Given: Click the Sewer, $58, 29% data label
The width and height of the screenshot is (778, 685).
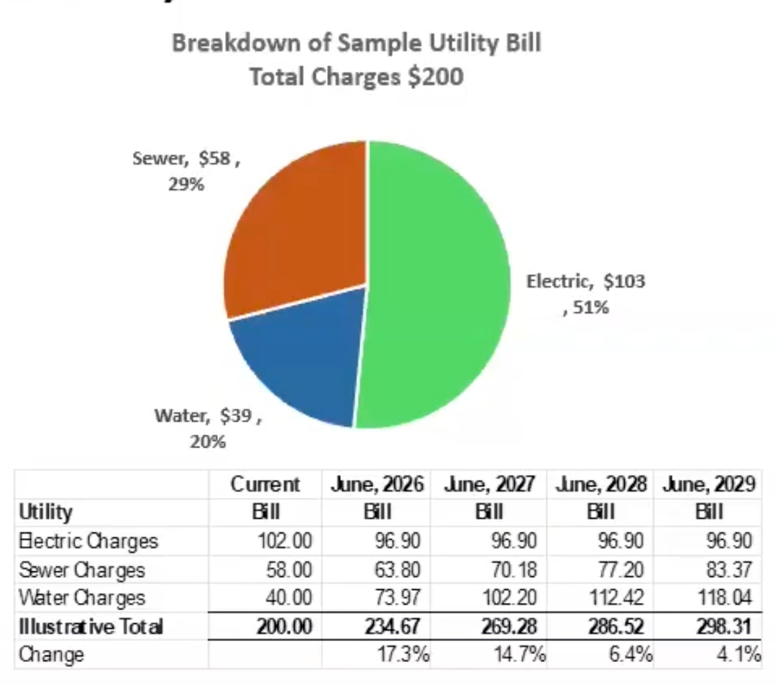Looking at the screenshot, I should (x=186, y=171).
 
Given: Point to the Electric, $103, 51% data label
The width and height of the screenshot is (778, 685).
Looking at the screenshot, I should (x=586, y=294).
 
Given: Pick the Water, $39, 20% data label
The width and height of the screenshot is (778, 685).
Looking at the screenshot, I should (x=208, y=428).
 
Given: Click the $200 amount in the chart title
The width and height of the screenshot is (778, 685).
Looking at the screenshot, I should (x=435, y=76).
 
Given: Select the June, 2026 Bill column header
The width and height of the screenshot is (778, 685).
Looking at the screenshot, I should (x=377, y=497).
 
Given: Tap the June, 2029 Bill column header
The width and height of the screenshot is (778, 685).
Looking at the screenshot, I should (x=708, y=497).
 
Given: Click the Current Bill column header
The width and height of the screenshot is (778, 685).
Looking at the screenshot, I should (x=265, y=497).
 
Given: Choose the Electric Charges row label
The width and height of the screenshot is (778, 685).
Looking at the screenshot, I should (x=89, y=541).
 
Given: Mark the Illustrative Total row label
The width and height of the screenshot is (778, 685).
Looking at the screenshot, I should (x=91, y=627).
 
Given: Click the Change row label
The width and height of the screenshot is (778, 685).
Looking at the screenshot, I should (x=51, y=655).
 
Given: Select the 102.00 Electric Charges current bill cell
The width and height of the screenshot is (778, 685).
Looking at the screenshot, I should (x=285, y=541).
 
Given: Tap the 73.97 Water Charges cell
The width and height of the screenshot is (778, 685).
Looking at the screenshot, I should (x=398, y=597).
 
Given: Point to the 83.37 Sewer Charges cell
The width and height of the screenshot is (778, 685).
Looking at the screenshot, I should (x=729, y=569).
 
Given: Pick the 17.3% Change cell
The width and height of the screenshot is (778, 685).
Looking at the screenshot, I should (x=403, y=655).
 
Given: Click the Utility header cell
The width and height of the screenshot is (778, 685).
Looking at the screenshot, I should (x=46, y=511).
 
